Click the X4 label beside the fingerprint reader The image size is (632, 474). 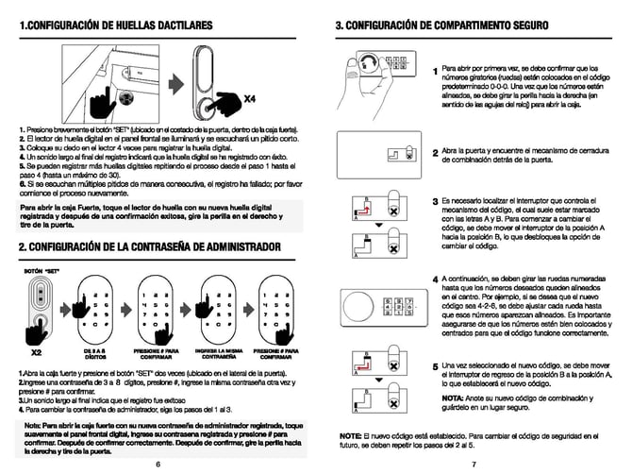[x=251, y=97]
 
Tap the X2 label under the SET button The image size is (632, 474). [x=37, y=351]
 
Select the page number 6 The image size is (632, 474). [x=158, y=465]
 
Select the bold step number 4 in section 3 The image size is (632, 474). [x=435, y=279]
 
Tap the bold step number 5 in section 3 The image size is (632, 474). [x=435, y=365]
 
